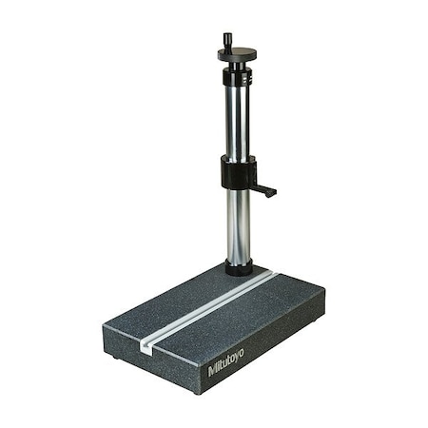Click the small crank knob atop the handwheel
coord(228,40)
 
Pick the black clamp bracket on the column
coord(238,173)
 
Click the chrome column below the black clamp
coord(238,228)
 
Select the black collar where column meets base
coord(239,269)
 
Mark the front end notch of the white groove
coord(145,347)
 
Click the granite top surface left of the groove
coord(171,304)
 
